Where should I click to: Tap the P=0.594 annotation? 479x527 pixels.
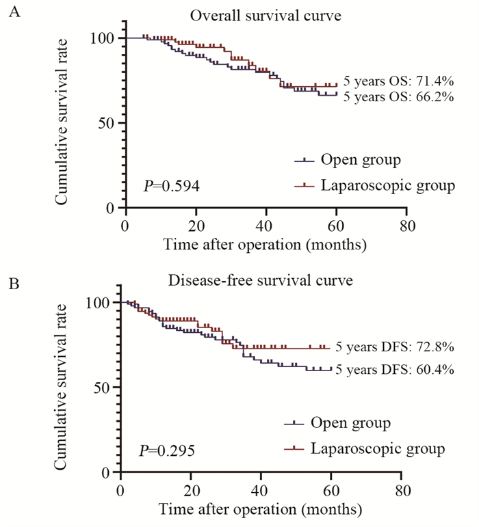[171, 185]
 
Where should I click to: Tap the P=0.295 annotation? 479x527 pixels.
[166, 450]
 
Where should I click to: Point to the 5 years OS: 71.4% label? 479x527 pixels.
[398, 81]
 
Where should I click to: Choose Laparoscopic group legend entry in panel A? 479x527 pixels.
[387, 185]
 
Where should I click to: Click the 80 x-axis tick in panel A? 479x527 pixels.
[406, 226]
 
